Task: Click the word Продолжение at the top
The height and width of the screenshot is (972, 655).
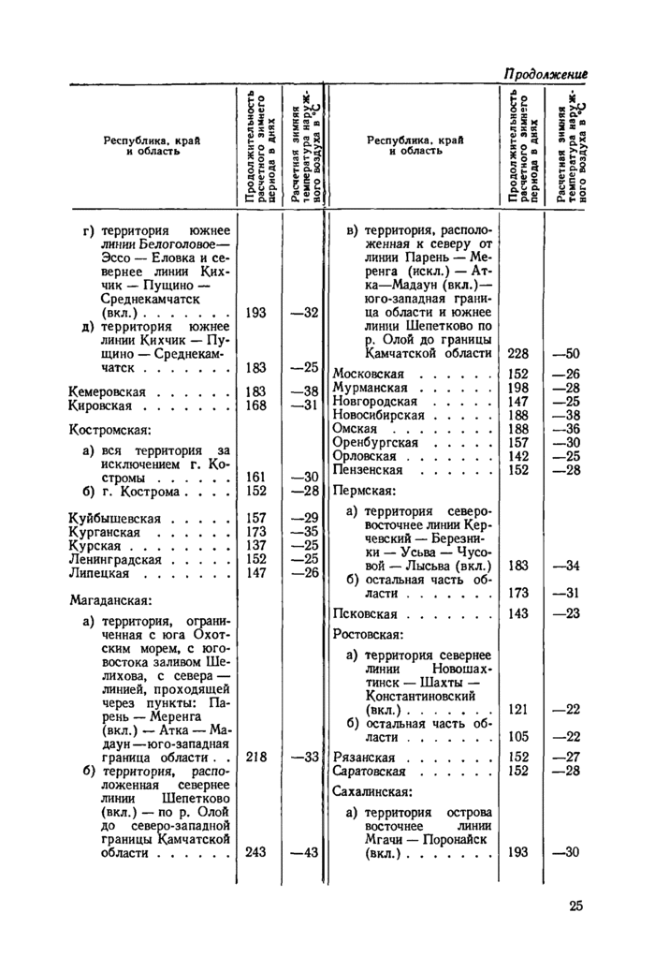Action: tap(546, 72)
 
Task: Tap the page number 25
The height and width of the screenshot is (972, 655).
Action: tap(575, 905)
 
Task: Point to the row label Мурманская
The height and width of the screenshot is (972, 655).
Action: tap(371, 388)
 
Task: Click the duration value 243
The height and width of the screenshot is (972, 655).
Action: tap(256, 852)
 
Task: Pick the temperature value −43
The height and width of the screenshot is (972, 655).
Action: tap(305, 852)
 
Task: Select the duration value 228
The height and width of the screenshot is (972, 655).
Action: tap(518, 353)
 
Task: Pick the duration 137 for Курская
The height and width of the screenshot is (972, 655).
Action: tap(256, 545)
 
